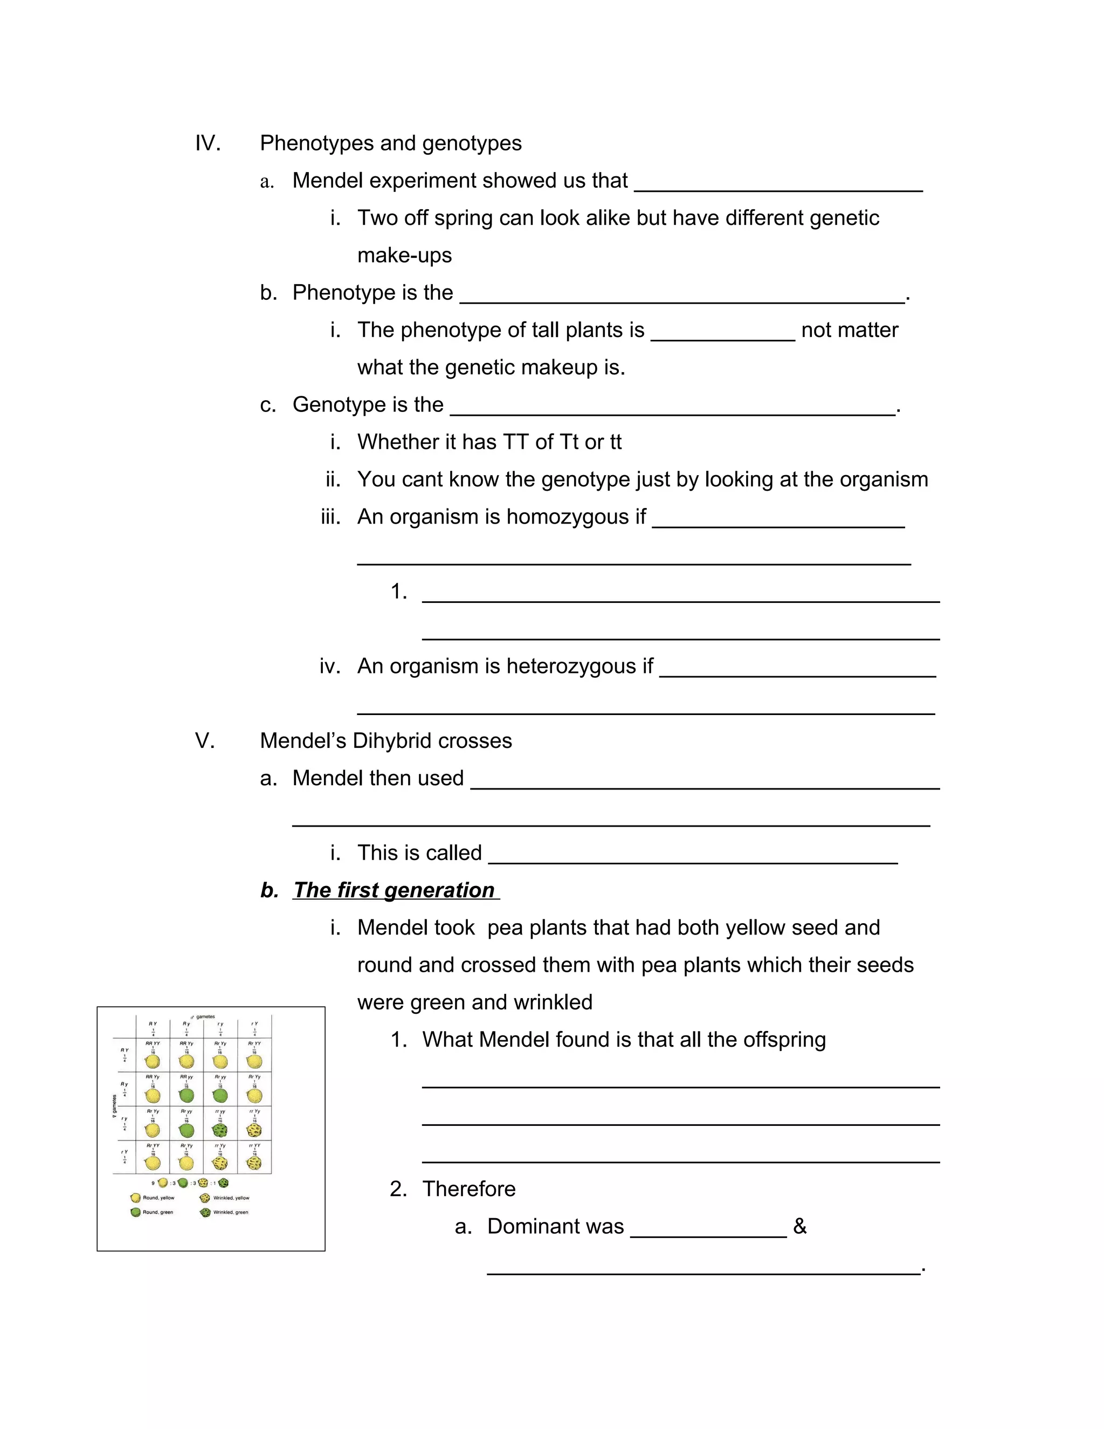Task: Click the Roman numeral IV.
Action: pyautogui.click(x=208, y=143)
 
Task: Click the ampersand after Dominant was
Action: pyautogui.click(x=799, y=1226)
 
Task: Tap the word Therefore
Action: pyautogui.click(x=469, y=1189)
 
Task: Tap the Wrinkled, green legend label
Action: pyautogui.click(x=230, y=1212)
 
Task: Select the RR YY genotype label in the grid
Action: pyautogui.click(x=153, y=1043)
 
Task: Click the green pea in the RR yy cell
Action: pyautogui.click(x=187, y=1095)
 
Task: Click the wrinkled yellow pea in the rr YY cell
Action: pyautogui.click(x=254, y=1164)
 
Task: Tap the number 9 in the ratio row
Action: pyautogui.click(x=153, y=1183)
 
